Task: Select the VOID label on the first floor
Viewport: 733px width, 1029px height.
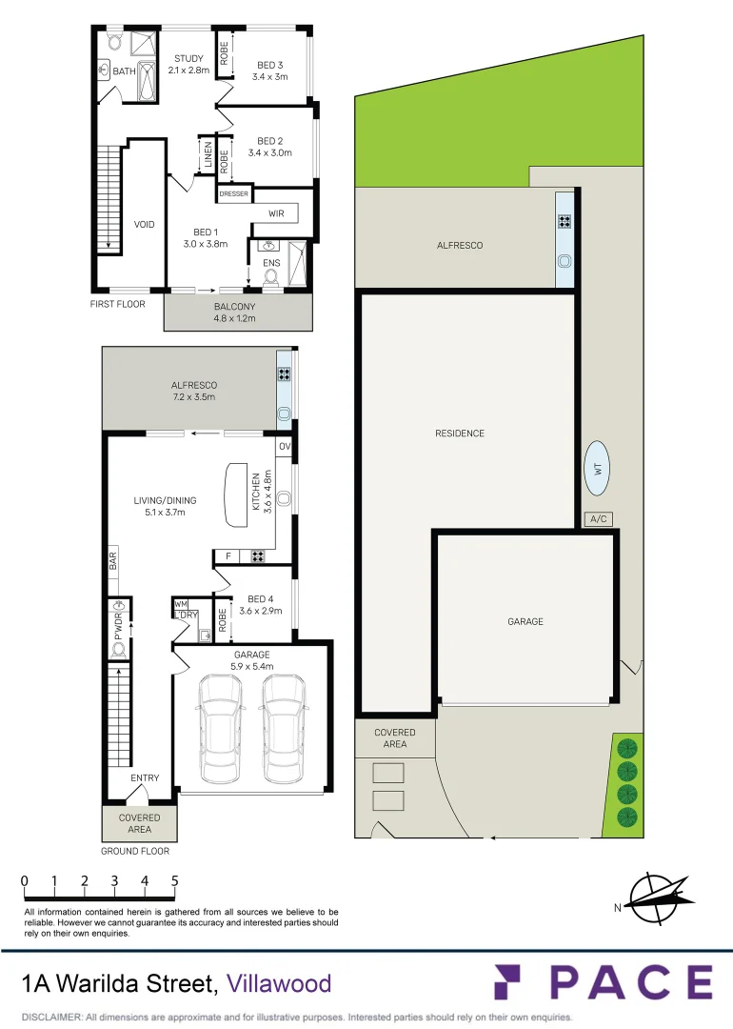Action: tap(144, 225)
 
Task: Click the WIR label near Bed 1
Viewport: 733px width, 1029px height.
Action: tap(276, 213)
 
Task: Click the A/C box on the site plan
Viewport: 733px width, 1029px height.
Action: tap(599, 519)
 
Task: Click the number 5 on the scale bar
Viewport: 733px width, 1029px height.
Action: tap(175, 881)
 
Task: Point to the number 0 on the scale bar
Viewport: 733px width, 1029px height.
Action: tap(24, 881)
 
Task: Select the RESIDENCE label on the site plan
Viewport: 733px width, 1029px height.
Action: tap(460, 434)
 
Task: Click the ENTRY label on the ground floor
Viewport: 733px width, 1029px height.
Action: tap(145, 778)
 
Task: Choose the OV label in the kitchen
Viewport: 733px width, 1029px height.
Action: tap(284, 447)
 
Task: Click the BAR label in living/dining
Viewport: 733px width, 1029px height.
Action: tap(112, 560)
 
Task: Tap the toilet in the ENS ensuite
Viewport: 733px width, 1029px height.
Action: tap(271, 277)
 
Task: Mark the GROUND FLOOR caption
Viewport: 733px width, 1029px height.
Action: tap(135, 852)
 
